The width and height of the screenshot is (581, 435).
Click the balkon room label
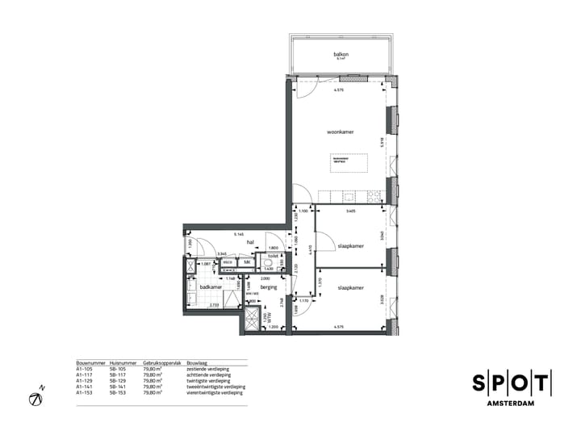tap(340, 54)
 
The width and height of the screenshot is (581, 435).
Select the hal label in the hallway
tap(251, 241)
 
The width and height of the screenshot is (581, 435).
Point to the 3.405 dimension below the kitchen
tap(350, 211)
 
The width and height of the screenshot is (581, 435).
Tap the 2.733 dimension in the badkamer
tap(214, 305)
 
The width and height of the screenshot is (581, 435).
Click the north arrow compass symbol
tap(36, 398)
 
